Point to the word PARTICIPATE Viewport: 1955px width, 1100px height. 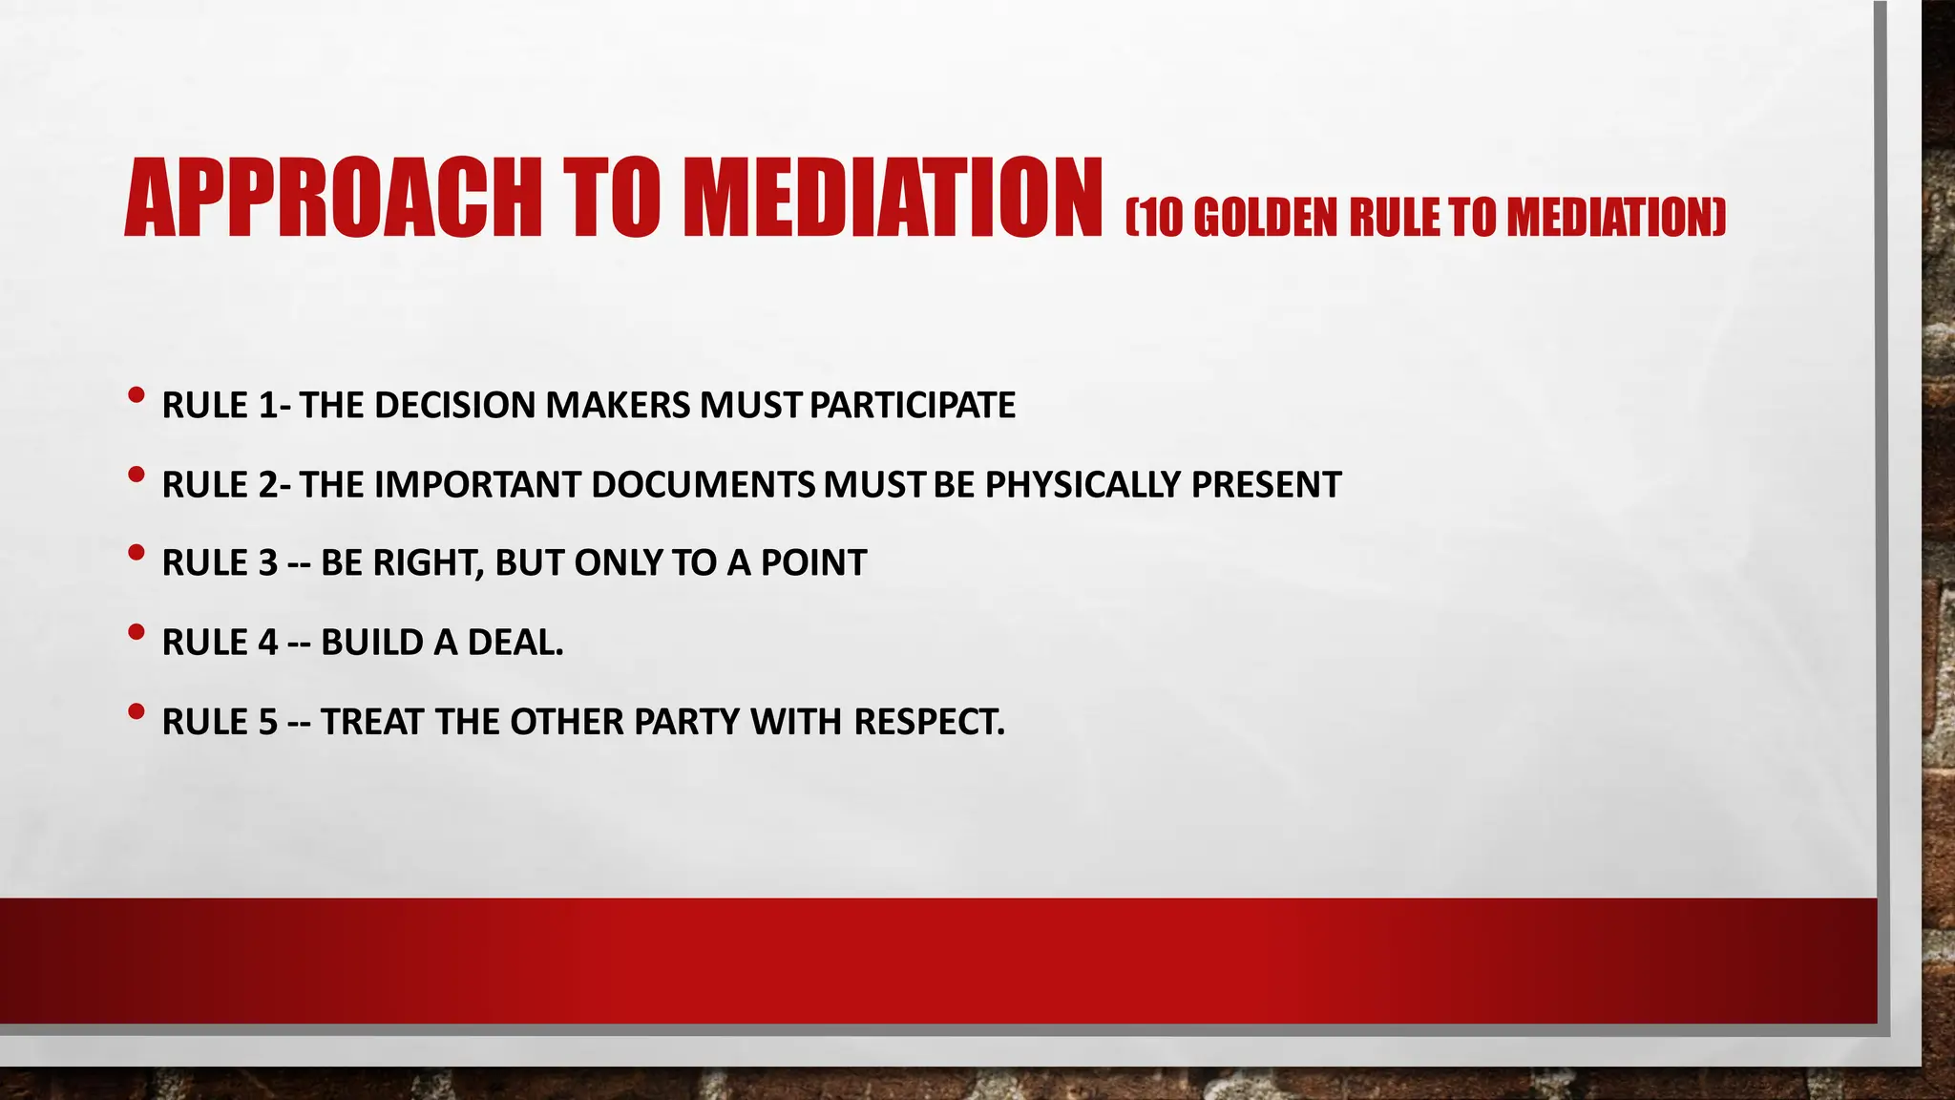913,405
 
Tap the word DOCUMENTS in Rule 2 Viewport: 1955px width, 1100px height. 703,484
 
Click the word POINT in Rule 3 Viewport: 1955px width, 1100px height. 813,563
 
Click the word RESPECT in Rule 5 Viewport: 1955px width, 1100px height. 929,722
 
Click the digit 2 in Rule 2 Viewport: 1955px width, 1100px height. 268,484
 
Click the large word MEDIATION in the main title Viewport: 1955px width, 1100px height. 893,198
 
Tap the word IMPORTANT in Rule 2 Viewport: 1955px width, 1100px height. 477,484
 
